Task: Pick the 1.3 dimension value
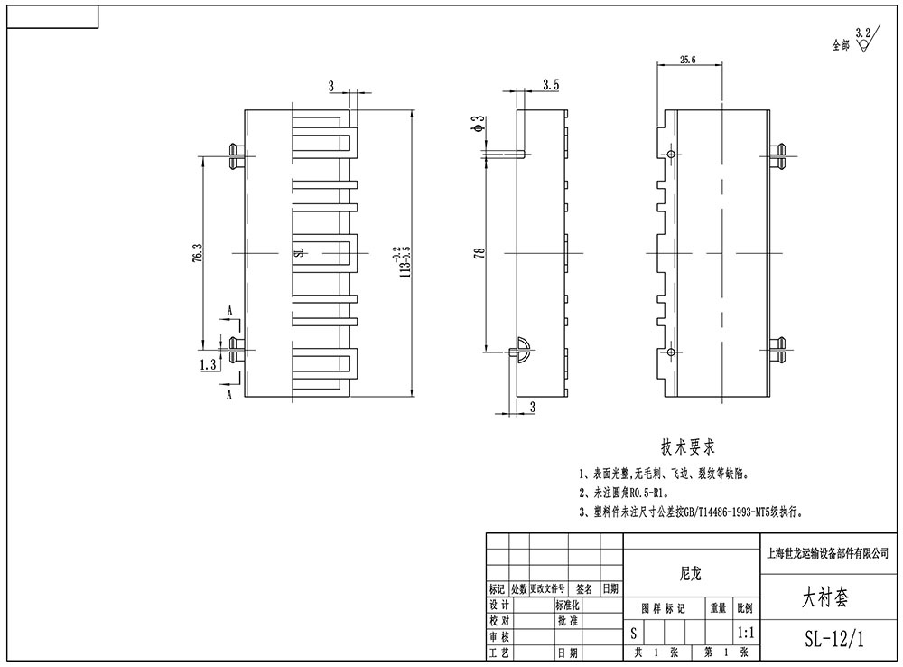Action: [208, 365]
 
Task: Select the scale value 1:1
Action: [747, 634]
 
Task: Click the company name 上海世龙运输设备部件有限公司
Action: [833, 551]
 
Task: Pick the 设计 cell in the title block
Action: [498, 605]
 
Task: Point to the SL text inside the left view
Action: [299, 254]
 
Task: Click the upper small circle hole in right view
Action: [671, 155]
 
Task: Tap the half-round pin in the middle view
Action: [522, 350]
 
